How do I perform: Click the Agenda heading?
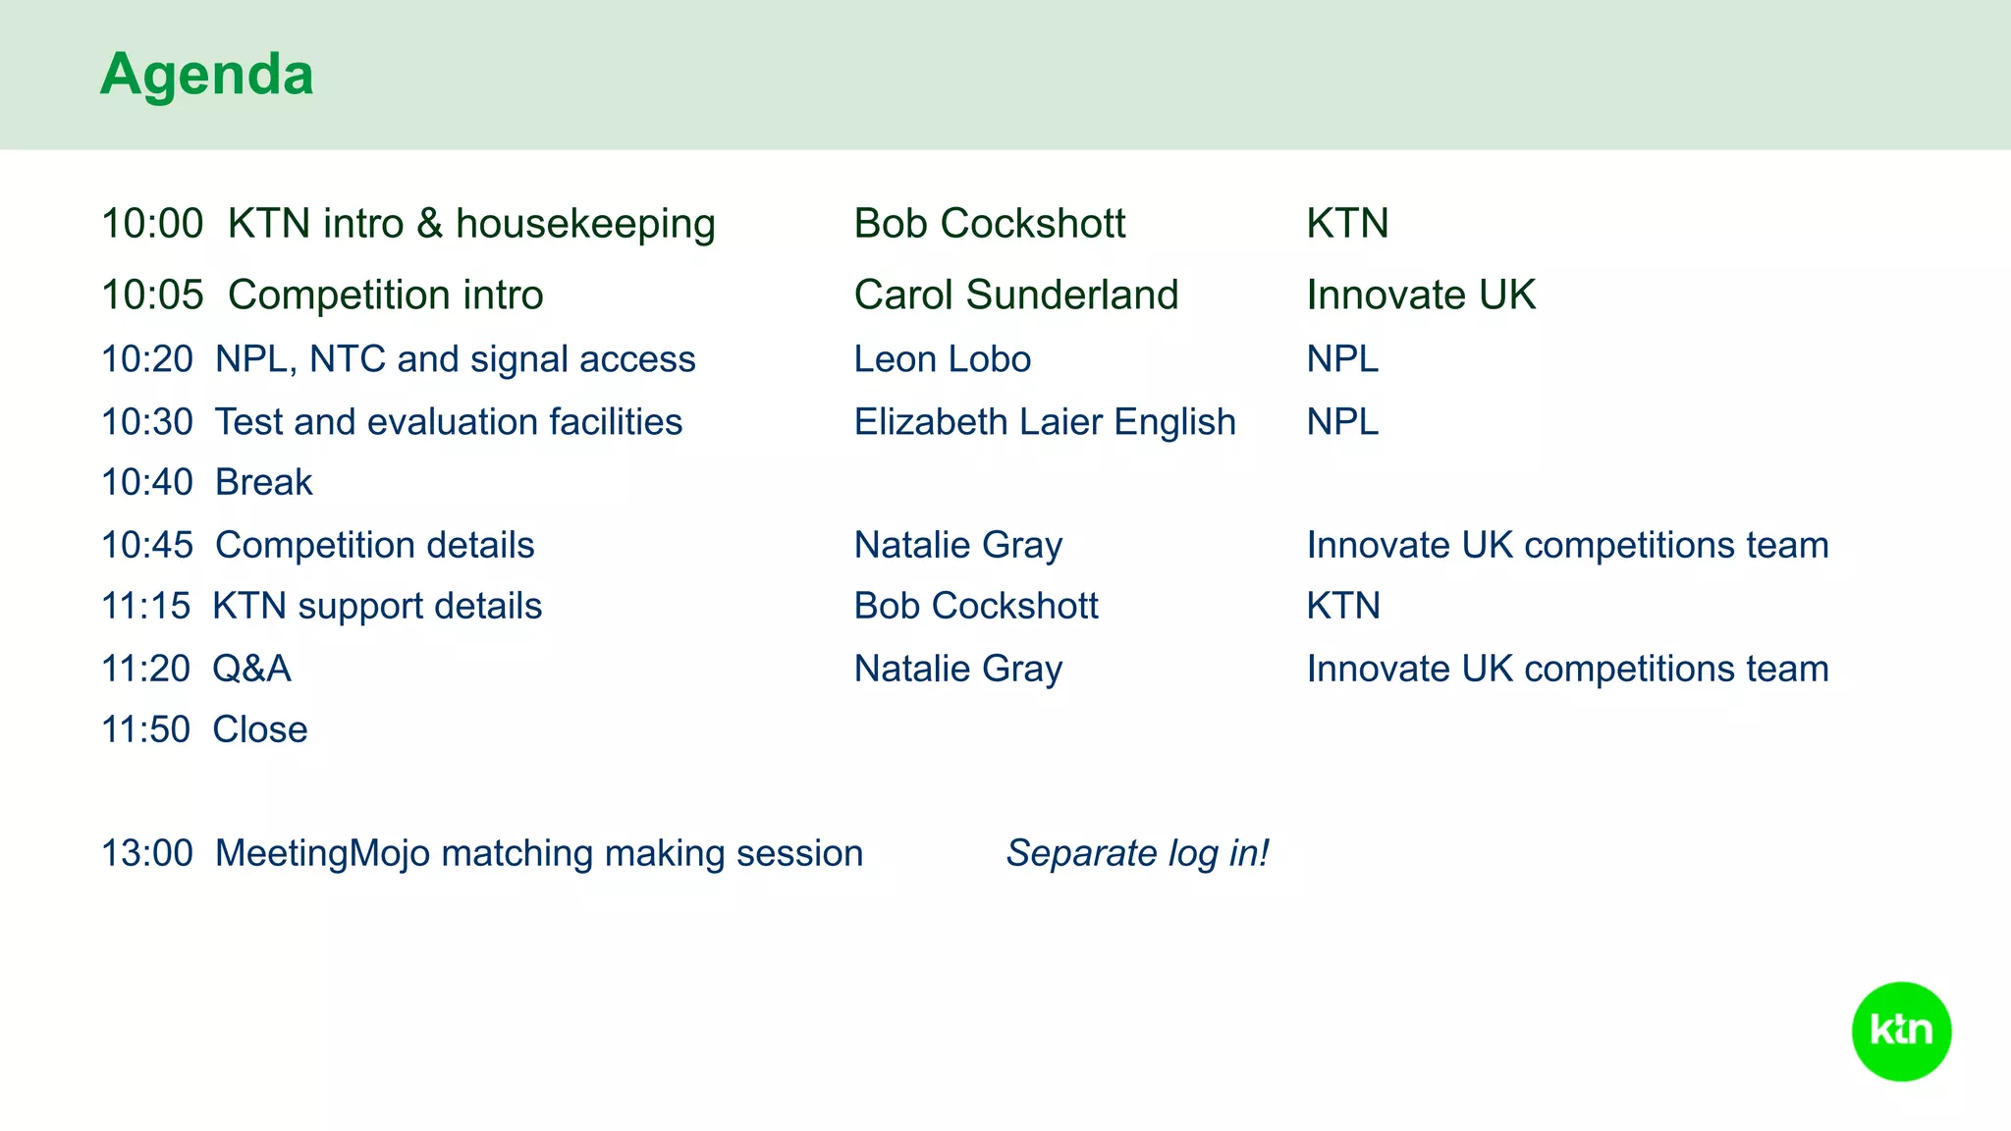point(206,75)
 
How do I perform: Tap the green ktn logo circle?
point(1901,1031)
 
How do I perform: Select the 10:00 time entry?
point(152,224)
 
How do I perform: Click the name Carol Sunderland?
point(1015,296)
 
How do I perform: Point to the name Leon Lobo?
point(942,359)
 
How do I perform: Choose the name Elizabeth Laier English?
point(1044,422)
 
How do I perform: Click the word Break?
point(263,483)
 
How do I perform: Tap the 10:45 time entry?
point(147,546)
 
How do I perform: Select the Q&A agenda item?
point(251,670)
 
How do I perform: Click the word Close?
point(259,730)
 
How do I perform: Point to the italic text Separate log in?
point(1137,853)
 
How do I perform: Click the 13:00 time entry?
point(147,853)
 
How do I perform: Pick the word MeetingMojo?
point(322,853)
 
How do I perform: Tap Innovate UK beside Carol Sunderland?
point(1420,296)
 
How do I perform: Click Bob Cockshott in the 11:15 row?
point(975,607)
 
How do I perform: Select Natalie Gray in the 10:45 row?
point(957,546)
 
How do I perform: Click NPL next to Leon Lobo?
point(1341,359)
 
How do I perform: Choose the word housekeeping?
point(585,224)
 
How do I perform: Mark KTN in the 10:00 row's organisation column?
point(1346,224)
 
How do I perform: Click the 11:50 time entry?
point(145,730)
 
